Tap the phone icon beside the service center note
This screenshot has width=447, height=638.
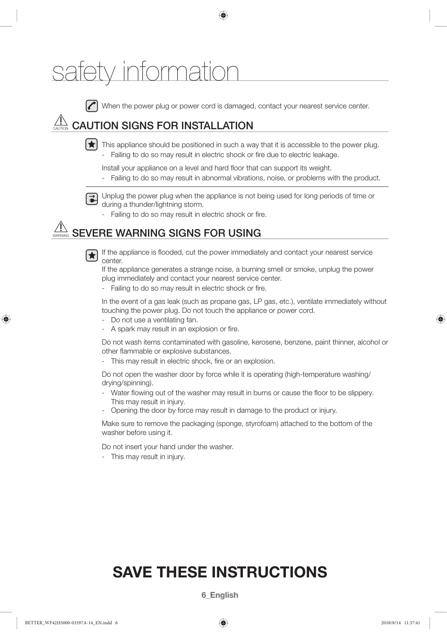tap(92, 106)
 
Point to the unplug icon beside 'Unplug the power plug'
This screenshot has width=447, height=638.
tap(92, 199)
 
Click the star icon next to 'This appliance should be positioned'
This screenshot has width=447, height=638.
tap(92, 145)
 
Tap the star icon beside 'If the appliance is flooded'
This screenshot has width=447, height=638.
tap(92, 256)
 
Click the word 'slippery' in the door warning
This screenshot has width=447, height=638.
tap(360, 393)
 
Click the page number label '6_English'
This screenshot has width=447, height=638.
tap(220, 595)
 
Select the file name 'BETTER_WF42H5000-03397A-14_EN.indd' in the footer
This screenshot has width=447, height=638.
tap(69, 623)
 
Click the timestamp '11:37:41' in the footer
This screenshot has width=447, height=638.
tap(412, 623)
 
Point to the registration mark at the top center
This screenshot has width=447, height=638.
tap(223, 16)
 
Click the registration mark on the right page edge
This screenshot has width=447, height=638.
tap(440, 319)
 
